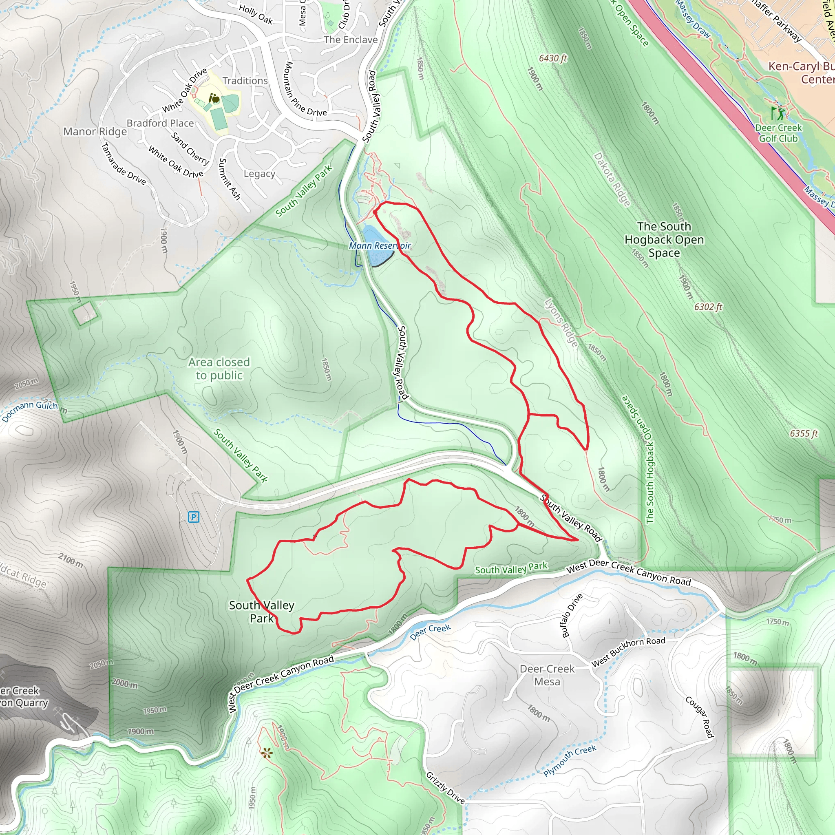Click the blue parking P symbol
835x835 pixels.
(194, 517)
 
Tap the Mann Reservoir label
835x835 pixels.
(380, 245)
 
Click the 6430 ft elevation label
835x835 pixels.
(553, 58)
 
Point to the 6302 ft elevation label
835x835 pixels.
(708, 307)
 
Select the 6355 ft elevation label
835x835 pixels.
(804, 433)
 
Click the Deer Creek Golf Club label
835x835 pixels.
(778, 133)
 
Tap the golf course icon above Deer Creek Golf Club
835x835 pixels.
(778, 114)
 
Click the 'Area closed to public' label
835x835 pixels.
(219, 369)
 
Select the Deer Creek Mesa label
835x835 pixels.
(547, 675)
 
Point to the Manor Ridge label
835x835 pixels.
(95, 131)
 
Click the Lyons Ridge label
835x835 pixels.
(561, 323)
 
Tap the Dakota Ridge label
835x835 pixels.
(612, 179)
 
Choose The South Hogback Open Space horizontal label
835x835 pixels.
(664, 239)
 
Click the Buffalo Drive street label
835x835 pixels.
(572, 616)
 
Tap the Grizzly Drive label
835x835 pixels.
(446, 788)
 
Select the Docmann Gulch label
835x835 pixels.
(30, 409)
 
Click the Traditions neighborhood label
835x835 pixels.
(245, 81)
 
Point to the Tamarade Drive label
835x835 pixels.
(123, 164)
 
